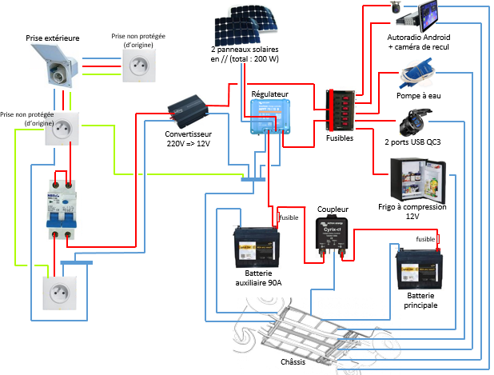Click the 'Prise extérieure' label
tap(53, 38)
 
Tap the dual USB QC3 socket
tap(415, 127)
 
